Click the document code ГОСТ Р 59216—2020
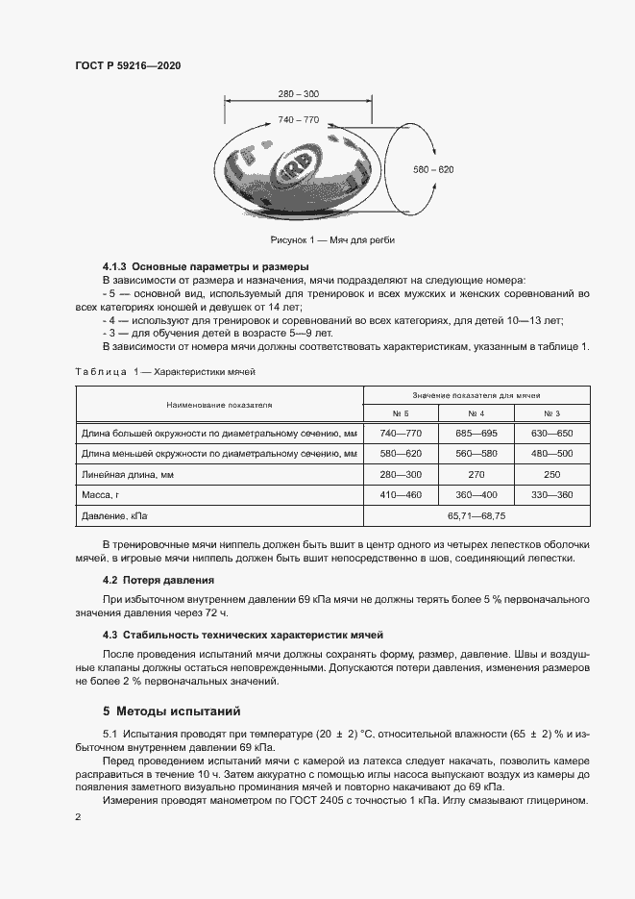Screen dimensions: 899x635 (x=128, y=65)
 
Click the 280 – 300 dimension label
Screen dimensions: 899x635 (x=298, y=93)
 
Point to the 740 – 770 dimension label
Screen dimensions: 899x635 (x=298, y=119)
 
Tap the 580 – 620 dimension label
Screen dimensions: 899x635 (x=433, y=169)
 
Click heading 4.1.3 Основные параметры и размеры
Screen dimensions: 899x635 (x=205, y=265)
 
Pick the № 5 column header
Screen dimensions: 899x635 (x=400, y=413)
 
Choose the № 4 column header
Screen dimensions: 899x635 (x=476, y=413)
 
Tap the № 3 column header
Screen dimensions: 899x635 (x=551, y=413)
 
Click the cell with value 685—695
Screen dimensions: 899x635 (x=476, y=434)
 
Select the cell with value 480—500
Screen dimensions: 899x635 (x=551, y=454)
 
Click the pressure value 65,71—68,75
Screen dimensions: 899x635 (x=476, y=516)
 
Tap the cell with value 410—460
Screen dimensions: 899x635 (x=400, y=495)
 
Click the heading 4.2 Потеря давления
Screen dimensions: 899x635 (x=159, y=580)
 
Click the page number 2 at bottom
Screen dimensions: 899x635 (x=78, y=816)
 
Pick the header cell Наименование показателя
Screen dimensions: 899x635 (x=218, y=405)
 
